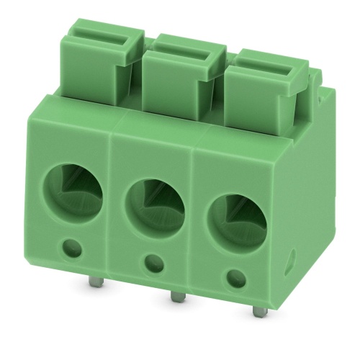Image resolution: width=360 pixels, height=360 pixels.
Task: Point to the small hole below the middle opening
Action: [x=152, y=264]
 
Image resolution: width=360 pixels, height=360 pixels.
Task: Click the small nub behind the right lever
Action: [x=314, y=72]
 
